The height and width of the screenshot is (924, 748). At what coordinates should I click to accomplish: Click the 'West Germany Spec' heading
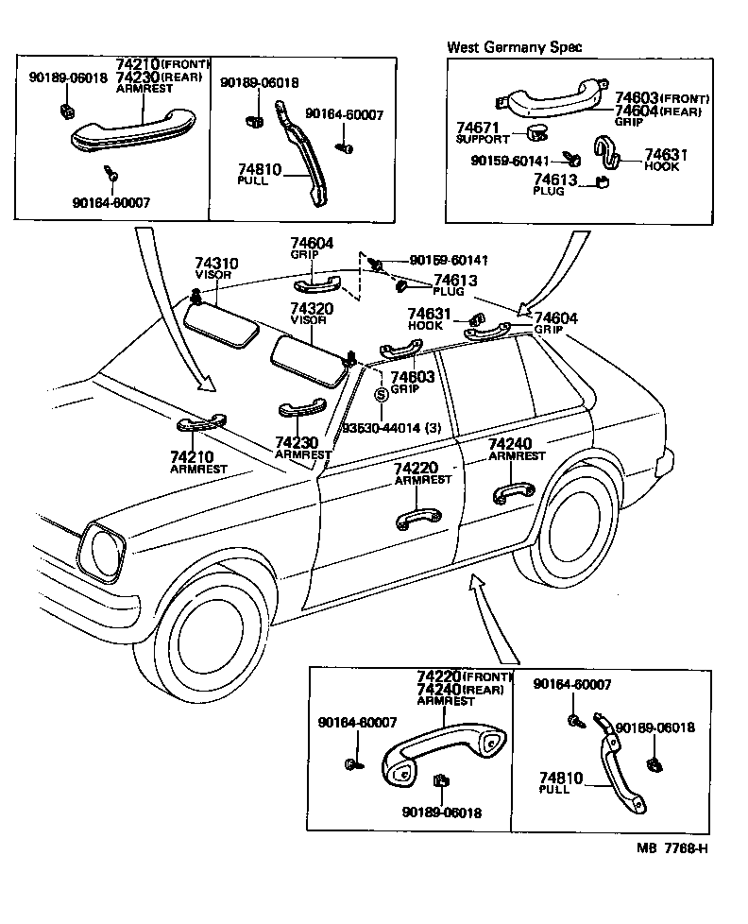tap(514, 46)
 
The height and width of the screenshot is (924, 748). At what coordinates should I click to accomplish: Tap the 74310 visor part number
tap(216, 264)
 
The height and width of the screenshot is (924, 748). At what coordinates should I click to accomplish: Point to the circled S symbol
tap(381, 395)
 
